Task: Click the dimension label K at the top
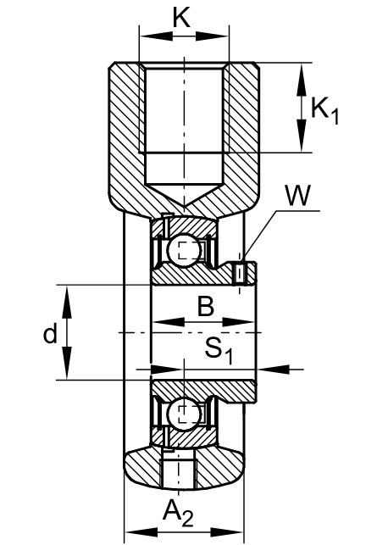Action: pos(181,18)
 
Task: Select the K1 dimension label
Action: pos(324,110)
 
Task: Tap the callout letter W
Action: pos(297,195)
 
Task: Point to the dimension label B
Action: pos(206,306)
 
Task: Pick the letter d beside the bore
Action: pos(50,334)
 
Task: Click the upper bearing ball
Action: pos(184,250)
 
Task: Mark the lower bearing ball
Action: pos(184,414)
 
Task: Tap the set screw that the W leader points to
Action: pos(239,274)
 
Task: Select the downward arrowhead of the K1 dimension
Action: pos(302,135)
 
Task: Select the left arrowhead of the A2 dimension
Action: pos(141,531)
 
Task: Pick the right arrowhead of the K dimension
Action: pos(212,36)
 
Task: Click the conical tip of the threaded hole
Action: pos(184,205)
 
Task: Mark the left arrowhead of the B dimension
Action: pos(169,322)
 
